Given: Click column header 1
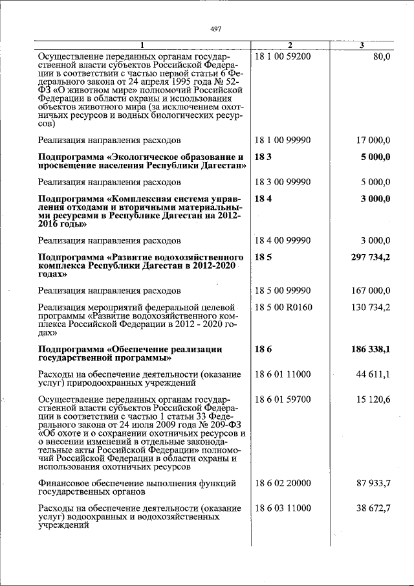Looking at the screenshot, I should [x=143, y=45].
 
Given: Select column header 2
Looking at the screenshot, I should [x=290, y=45].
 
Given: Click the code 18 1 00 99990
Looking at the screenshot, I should [x=283, y=139].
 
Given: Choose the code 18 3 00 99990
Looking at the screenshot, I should [x=283, y=182].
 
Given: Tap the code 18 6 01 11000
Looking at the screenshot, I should [x=283, y=374].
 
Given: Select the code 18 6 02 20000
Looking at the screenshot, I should [x=283, y=483].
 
